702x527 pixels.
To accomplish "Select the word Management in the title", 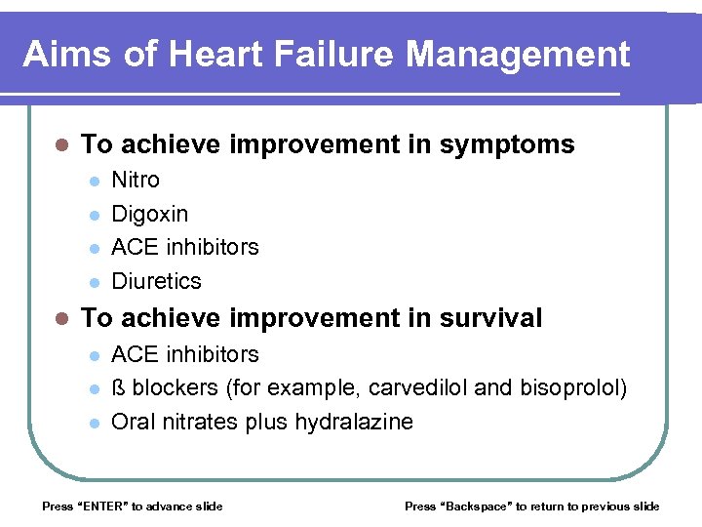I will [518, 54].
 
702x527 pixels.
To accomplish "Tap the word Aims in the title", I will [63, 54].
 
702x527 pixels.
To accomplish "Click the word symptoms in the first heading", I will [507, 145].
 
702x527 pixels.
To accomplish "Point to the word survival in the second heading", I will [491, 318].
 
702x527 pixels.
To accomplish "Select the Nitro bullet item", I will [136, 181].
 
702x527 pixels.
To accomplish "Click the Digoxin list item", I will [150, 214].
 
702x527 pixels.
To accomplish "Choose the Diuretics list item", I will [156, 281].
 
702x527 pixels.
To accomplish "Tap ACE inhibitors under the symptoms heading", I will [185, 247].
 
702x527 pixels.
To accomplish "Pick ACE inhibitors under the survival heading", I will [185, 354].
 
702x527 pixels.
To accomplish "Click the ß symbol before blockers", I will [119, 388].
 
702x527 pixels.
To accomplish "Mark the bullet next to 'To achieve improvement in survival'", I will [60, 319].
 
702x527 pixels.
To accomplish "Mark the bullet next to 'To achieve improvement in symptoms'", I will [60, 146].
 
